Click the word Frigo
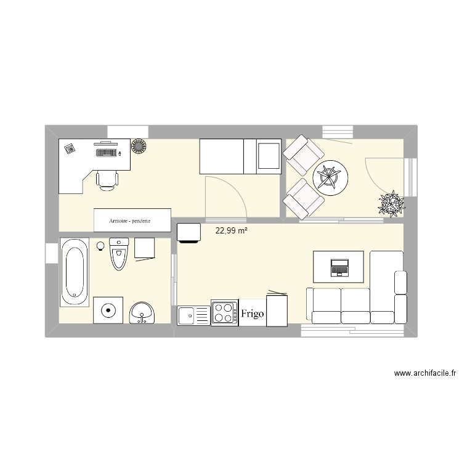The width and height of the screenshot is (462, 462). tap(253, 314)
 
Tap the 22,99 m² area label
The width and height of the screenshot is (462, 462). tap(232, 231)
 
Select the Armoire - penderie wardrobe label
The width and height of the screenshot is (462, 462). tap(130, 220)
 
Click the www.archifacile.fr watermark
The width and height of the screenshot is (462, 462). tap(424, 373)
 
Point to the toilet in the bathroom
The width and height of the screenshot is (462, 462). tap(118, 253)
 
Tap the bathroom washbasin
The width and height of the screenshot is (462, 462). tap(143, 312)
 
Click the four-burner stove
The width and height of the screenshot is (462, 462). tap(225, 312)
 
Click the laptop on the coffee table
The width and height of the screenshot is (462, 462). tap(339, 267)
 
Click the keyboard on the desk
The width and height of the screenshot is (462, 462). tap(106, 151)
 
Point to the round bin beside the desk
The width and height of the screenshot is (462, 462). tap(138, 147)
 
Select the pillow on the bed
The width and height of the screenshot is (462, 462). tap(267, 155)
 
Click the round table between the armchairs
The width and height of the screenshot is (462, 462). tap(331, 179)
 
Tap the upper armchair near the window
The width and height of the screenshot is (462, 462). tap(304, 155)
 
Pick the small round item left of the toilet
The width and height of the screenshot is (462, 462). tap(100, 245)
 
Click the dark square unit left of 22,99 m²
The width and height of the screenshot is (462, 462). tap(188, 233)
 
